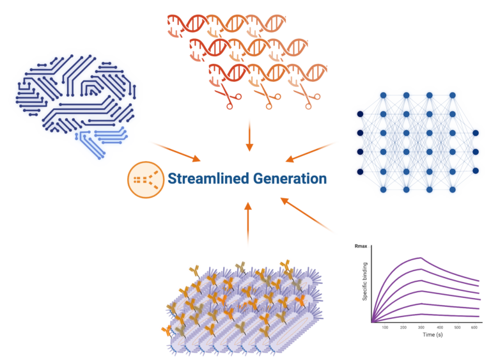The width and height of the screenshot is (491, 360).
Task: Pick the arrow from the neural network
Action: tap(311, 151)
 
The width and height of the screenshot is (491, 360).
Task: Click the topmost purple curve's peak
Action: tap(420, 257)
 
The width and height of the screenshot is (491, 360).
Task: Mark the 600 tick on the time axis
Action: tap(474, 326)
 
